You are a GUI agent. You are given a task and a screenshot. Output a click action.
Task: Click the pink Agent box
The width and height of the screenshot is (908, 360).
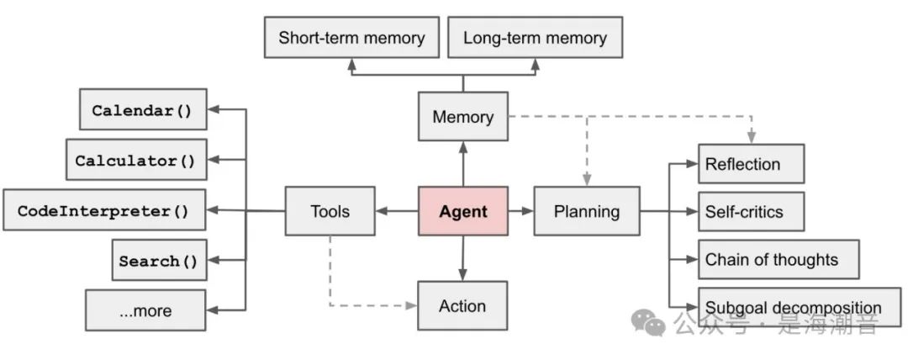463,211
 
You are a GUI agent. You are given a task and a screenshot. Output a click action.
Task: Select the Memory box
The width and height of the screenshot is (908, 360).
463,117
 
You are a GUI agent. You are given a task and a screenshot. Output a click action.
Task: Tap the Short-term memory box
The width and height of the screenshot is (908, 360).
351,38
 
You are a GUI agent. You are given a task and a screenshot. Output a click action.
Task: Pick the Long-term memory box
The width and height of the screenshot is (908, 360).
535,38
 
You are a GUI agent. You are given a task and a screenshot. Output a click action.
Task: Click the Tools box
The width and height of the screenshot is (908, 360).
330,211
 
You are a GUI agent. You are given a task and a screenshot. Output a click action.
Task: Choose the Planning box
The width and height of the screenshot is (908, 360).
586,211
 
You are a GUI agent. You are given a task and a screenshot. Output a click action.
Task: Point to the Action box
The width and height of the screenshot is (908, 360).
462,305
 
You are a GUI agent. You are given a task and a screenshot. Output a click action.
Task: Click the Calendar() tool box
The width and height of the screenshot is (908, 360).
143,110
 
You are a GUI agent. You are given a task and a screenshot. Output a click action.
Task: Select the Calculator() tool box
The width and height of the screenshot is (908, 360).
136,161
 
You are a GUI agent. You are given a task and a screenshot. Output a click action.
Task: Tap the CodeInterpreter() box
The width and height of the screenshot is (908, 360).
104,211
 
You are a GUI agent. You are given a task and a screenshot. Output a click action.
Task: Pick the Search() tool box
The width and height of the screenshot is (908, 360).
159,261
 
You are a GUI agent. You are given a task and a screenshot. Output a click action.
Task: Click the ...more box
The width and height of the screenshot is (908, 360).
145,310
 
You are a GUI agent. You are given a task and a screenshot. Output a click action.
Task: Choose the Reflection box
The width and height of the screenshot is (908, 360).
751,164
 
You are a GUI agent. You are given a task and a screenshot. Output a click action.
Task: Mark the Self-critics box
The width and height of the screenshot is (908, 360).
751,212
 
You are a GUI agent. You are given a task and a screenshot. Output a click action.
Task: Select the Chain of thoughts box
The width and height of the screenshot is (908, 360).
779,259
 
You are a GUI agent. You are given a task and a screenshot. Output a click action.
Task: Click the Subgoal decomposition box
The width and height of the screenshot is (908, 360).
794,307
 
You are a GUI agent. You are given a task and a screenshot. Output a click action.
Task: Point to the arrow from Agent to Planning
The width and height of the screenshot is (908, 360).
520,211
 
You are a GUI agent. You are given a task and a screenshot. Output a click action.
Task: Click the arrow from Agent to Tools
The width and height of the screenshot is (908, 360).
397,211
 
